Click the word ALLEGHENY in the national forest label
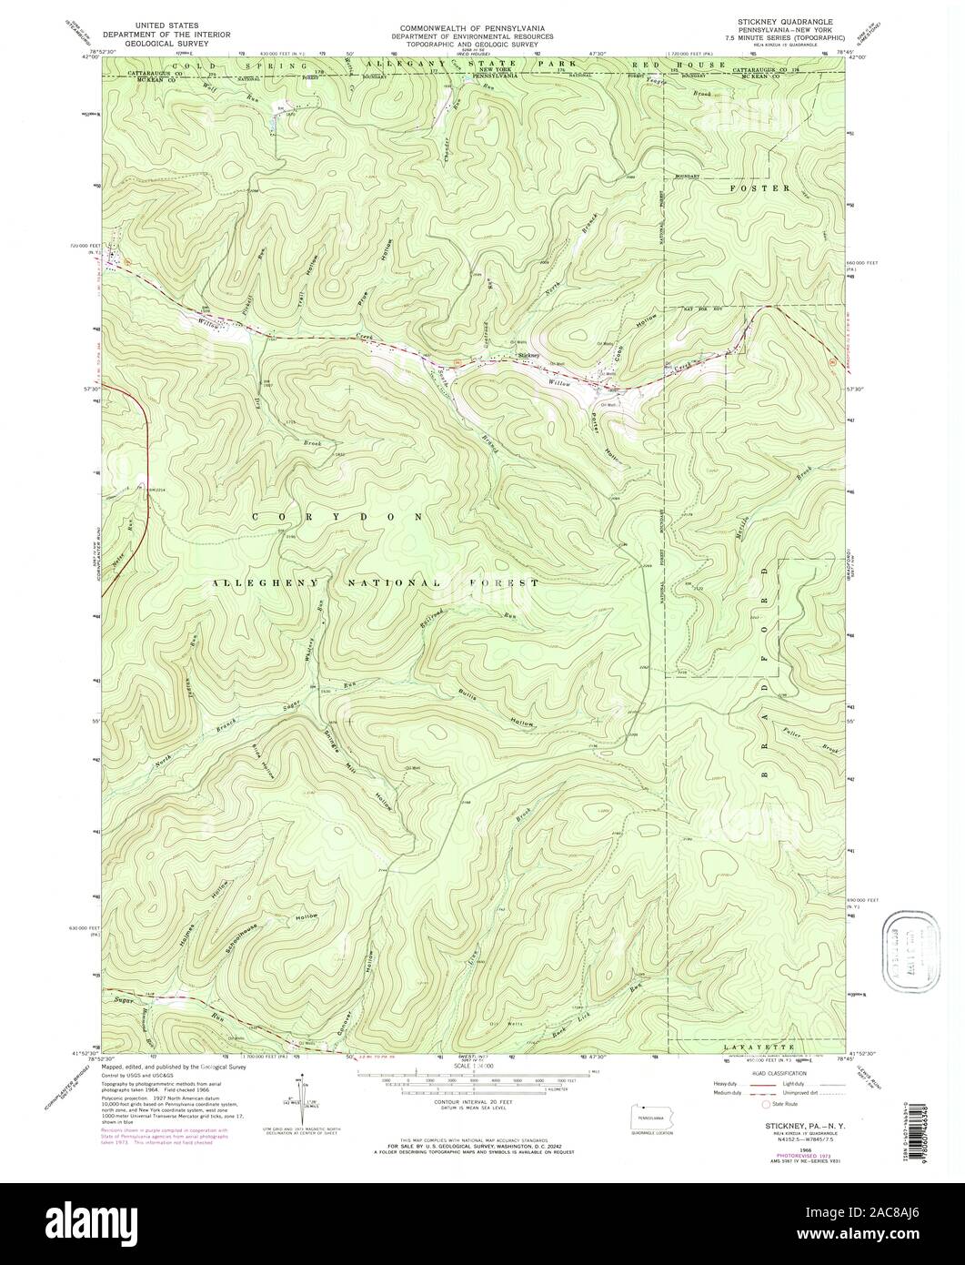point(264,582)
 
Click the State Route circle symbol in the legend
point(765,1104)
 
